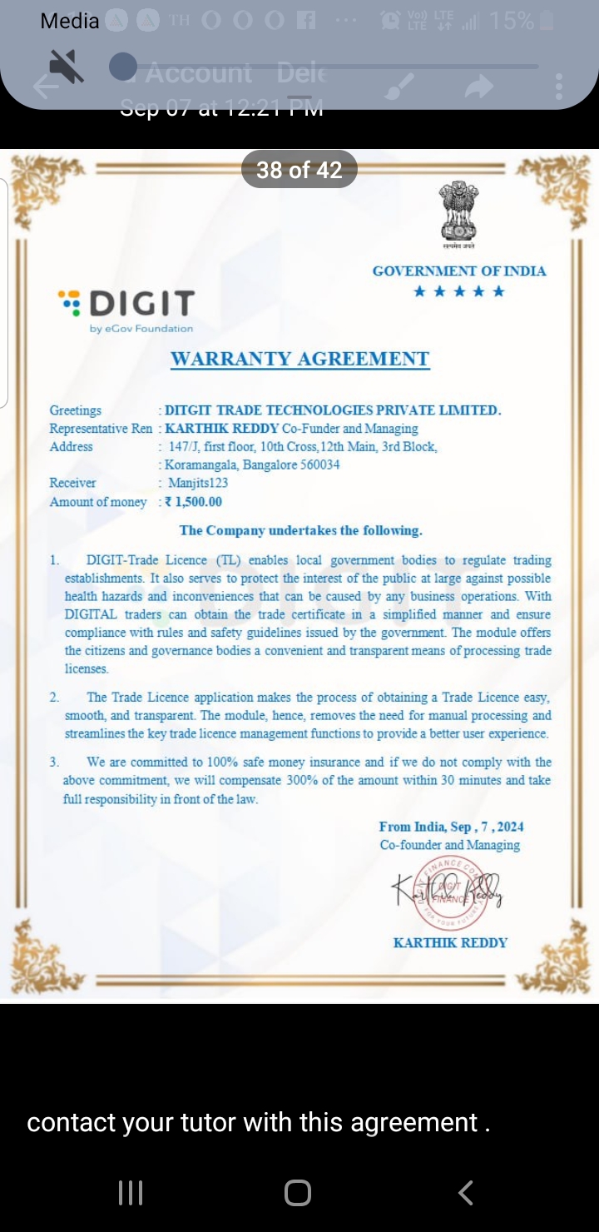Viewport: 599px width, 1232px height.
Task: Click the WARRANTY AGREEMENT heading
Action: (x=299, y=359)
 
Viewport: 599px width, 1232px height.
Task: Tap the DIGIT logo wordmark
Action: (x=141, y=304)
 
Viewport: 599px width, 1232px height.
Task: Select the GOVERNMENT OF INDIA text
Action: (x=459, y=271)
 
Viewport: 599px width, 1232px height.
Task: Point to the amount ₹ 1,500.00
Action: (x=194, y=502)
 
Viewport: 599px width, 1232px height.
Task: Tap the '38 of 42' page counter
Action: (x=299, y=170)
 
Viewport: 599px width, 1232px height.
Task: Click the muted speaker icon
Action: (x=67, y=67)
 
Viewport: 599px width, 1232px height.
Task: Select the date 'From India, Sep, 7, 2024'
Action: (x=451, y=827)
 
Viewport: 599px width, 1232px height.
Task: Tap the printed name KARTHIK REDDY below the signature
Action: (x=450, y=942)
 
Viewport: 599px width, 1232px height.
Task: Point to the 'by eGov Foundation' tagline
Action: (x=141, y=328)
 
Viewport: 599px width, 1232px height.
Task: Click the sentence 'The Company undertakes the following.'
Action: (x=300, y=530)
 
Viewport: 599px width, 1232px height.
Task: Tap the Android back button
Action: (x=466, y=1193)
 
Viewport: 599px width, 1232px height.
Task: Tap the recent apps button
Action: (x=131, y=1193)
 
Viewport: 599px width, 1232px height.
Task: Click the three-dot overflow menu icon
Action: (x=558, y=86)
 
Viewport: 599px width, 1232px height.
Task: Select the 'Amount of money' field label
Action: (x=98, y=502)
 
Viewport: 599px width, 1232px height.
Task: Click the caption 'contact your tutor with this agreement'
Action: (x=258, y=1122)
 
